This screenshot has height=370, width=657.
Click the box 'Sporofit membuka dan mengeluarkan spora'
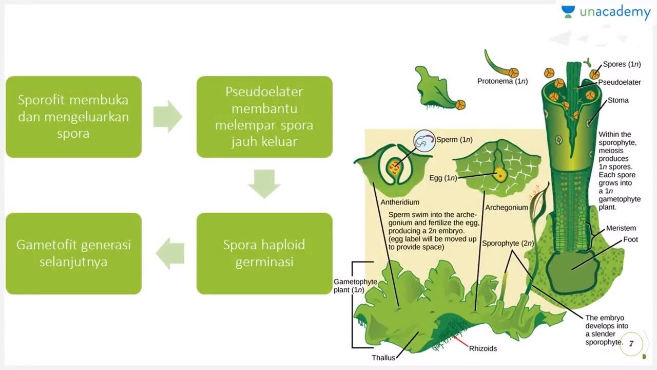73,117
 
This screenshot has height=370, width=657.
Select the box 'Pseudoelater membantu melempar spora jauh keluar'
264,117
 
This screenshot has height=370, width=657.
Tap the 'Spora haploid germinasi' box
264,253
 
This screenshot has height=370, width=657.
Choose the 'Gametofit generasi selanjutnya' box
73,253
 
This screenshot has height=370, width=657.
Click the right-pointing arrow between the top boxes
168,117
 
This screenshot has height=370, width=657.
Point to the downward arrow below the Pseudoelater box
264,183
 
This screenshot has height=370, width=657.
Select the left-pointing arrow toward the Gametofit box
170,253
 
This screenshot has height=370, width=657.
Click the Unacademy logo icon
568,12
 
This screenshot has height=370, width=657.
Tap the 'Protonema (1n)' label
502,81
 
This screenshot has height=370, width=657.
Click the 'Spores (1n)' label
622,64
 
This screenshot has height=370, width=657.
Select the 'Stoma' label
618,100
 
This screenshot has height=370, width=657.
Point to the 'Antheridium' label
400,202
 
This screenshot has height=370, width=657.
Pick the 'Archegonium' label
506,208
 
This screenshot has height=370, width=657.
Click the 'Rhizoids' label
483,348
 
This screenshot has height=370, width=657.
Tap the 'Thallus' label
383,358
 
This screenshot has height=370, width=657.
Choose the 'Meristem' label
621,228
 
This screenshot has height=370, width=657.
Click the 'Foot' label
630,239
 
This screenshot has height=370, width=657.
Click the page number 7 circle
631,344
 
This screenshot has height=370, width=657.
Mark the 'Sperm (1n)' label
454,139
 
